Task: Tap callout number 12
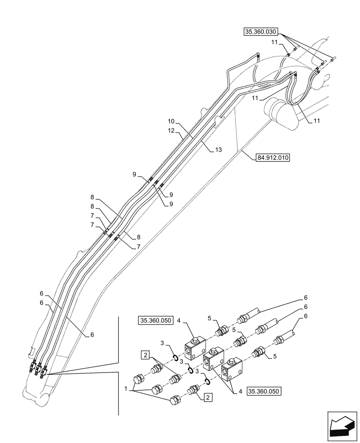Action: coord(172,131)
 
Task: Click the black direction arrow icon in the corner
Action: coord(341,427)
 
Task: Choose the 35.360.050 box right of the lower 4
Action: coord(265,391)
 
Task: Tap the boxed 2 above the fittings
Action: coord(145,354)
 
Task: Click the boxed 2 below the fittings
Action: coord(208,397)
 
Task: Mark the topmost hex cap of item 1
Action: coord(138,380)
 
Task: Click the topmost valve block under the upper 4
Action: coord(196,346)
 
